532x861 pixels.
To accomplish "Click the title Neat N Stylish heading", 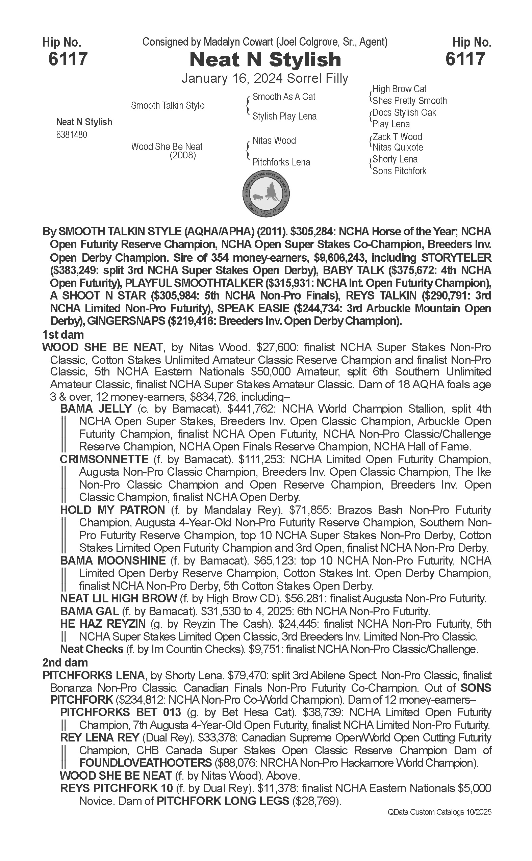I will (x=265, y=59).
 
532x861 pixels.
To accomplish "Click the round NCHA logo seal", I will (x=266, y=193).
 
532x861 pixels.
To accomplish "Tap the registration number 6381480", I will (x=72, y=135).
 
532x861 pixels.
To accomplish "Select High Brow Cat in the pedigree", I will (x=399, y=89).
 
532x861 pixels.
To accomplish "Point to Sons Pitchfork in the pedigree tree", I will (x=399, y=171).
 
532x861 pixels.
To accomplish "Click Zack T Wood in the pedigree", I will (x=397, y=136).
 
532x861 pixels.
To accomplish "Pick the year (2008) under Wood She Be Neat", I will (x=183, y=155).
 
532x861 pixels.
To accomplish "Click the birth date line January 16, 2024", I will (x=264, y=78).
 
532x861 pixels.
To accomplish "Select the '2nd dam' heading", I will (x=65, y=662).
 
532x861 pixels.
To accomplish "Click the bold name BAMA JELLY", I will (x=96, y=409).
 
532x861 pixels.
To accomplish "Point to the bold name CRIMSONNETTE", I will (x=104, y=459).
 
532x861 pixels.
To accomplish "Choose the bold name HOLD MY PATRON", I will (x=112, y=510).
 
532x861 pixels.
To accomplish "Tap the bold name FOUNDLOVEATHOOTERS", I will (x=145, y=763).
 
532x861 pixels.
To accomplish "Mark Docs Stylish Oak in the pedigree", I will (x=404, y=112).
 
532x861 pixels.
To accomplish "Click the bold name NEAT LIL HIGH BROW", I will (x=119, y=598).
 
